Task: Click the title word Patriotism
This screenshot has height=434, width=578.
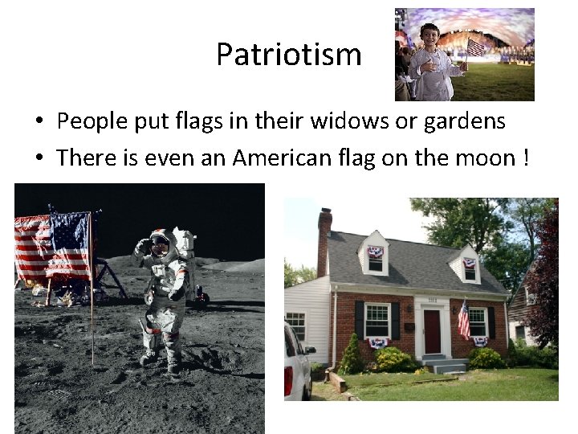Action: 289,55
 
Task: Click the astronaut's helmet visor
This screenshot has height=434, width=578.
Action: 159,245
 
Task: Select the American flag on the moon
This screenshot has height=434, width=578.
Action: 54,246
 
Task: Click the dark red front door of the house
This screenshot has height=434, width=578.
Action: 432,331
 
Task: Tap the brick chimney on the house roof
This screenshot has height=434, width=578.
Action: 324,241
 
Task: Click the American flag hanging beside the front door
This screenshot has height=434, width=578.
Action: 463,320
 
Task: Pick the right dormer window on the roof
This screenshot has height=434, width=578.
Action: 470,268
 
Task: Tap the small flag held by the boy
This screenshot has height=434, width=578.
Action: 474,47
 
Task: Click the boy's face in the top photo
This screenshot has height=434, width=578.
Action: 430,37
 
